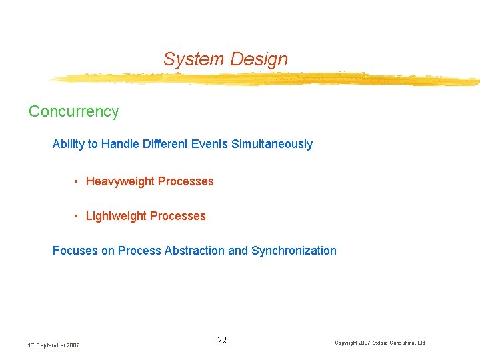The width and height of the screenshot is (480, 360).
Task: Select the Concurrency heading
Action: pyautogui.click(x=73, y=111)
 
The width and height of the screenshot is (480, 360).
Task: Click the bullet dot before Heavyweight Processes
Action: pyautogui.click(x=78, y=181)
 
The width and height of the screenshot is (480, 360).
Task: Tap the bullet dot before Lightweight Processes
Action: pyautogui.click(x=78, y=216)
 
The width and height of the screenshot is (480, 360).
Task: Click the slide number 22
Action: pyautogui.click(x=222, y=341)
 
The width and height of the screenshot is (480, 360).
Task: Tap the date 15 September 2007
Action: pyautogui.click(x=53, y=345)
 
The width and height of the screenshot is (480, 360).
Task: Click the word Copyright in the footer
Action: pyautogui.click(x=346, y=343)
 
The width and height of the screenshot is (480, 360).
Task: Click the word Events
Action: pyautogui.click(x=209, y=144)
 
